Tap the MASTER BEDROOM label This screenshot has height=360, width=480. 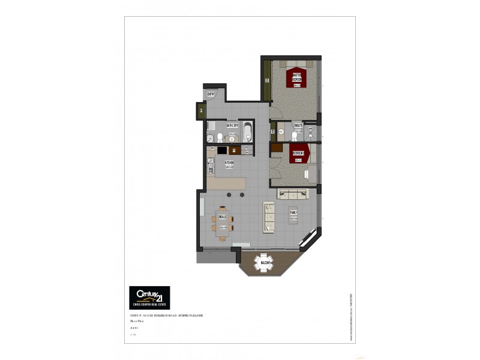[x=296, y=77]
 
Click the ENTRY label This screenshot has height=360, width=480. [x=211, y=94]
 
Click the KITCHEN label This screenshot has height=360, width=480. [x=229, y=163]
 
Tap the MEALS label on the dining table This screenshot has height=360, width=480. [x=222, y=217]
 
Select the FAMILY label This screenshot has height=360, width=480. [x=294, y=212]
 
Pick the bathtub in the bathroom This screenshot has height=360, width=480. [x=247, y=133]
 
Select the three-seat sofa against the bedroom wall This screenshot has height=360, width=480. [x=293, y=194]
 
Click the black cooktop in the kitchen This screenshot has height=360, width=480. [x=222, y=150]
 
